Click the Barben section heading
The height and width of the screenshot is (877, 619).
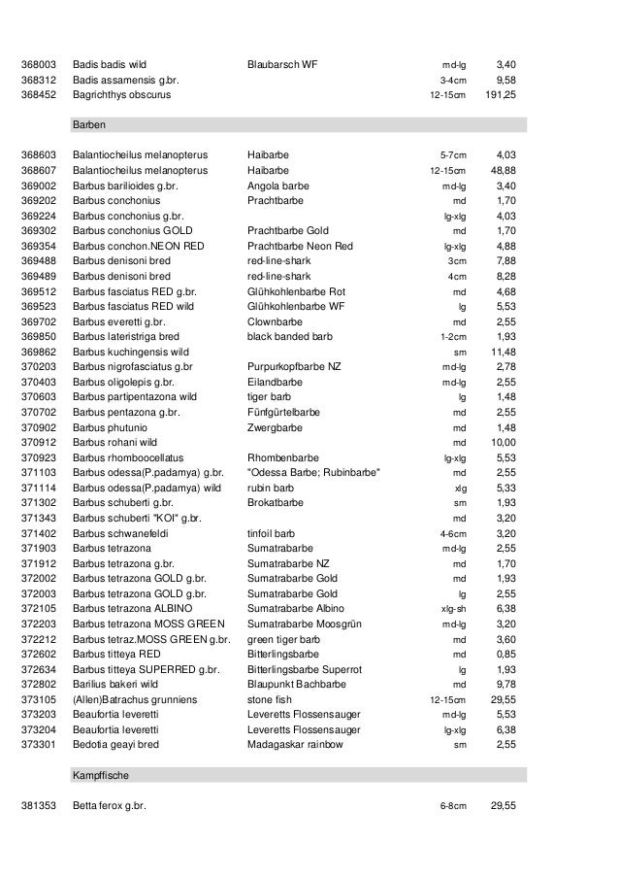pos(89,125)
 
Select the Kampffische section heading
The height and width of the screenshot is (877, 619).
pos(100,777)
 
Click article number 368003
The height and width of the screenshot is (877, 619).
pos(39,66)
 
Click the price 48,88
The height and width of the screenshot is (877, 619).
pos(504,170)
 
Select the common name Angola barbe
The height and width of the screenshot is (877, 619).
pos(278,185)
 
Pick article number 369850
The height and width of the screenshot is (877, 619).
pos(39,336)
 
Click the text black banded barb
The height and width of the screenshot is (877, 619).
pos(290,336)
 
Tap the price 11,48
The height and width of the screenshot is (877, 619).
pos(504,351)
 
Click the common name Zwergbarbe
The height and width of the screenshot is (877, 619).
pos(276,426)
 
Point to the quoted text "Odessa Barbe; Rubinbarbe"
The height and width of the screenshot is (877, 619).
pos(313,472)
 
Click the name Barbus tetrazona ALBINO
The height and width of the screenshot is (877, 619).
pos(133,608)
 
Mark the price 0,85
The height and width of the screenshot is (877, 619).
pos(505,654)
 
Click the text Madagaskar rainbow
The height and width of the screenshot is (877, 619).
pos(295,744)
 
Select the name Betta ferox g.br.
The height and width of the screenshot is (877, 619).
pos(109,806)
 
